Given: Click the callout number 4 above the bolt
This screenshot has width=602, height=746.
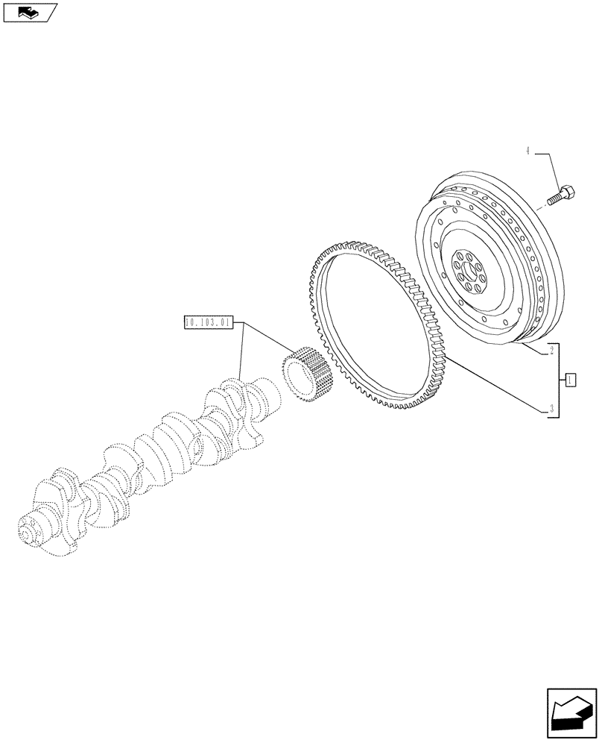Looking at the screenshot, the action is (527, 151).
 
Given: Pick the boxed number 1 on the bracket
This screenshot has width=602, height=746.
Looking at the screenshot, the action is (570, 380).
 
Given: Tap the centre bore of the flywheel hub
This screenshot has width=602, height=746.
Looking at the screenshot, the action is (468, 271).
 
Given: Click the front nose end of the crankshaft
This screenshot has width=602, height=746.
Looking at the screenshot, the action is (30, 533).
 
